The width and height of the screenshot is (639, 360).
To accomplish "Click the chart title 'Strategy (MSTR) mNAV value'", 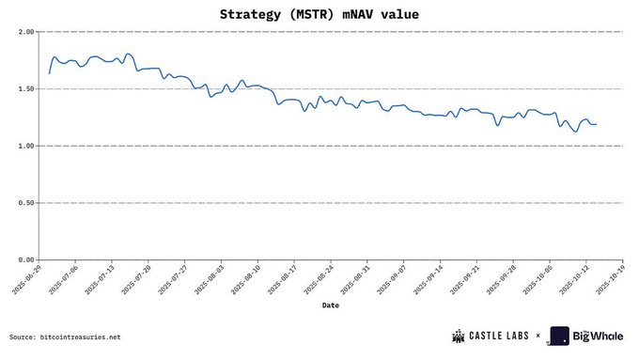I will pos(319,14).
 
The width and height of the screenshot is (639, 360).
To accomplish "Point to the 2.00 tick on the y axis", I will pos(26,32).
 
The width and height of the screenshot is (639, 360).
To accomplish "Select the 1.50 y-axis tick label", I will pos(26,89).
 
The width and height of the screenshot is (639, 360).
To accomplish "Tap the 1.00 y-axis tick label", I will pos(26,146).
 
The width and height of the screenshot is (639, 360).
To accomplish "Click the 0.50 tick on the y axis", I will pos(26,203).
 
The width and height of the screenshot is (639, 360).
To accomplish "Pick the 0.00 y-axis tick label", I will pos(26,259).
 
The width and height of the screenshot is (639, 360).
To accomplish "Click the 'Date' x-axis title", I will pos(331,305).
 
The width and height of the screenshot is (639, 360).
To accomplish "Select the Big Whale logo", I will pos(588,336).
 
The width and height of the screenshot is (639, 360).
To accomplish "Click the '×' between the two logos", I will pos(538,336).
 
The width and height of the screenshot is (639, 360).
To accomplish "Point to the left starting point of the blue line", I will pos(49,73).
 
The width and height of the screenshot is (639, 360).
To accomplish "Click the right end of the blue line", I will pos(596,124).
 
